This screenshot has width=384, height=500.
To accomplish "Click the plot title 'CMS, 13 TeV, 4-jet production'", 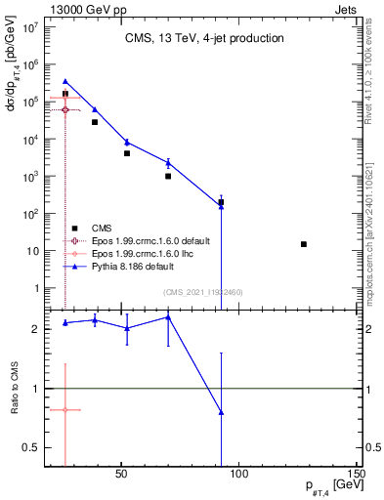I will coord(204,39).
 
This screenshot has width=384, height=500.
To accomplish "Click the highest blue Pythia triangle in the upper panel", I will coord(65,82).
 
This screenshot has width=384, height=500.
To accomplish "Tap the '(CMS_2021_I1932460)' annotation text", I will coord(204,292).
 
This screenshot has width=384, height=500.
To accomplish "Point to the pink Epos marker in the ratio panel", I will coord(65,410).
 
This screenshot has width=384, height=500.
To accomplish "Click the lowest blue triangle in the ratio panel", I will coord(222,412).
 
